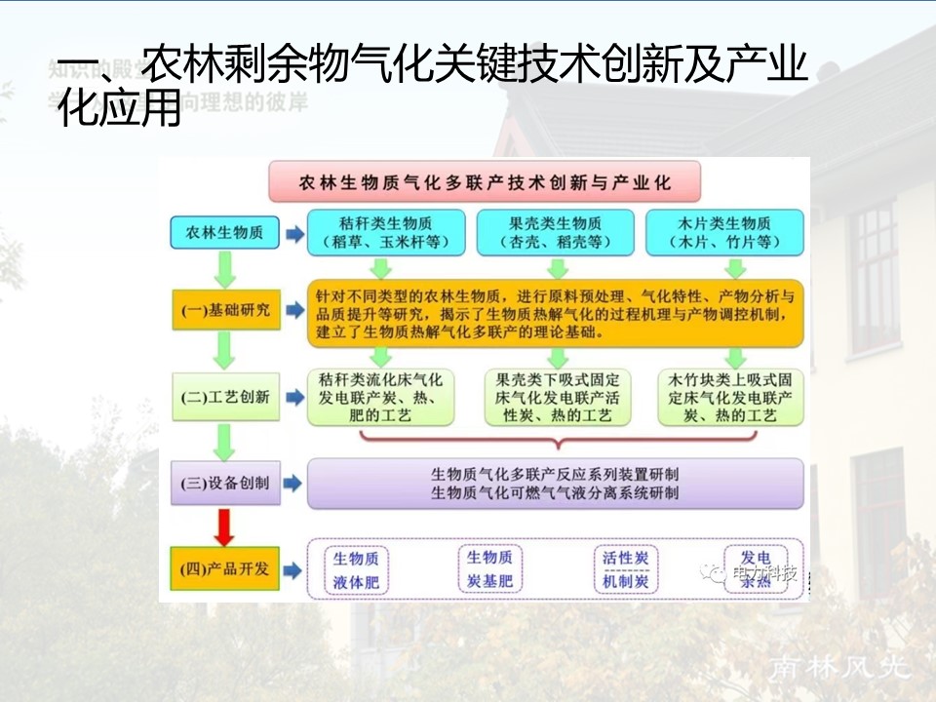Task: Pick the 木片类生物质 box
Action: click(724, 232)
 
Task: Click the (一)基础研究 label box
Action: click(222, 311)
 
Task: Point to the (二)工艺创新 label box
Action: click(222, 398)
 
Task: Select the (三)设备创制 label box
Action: click(222, 483)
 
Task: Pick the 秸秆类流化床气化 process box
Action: click(379, 397)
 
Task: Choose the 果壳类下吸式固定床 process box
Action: click(557, 397)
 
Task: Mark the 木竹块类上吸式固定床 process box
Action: click(730, 397)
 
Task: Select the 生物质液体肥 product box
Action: click(356, 570)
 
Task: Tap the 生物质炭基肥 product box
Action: click(489, 570)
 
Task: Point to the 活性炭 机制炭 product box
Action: click(625, 570)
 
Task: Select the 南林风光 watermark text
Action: click(839, 667)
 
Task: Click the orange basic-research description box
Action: click(555, 313)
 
